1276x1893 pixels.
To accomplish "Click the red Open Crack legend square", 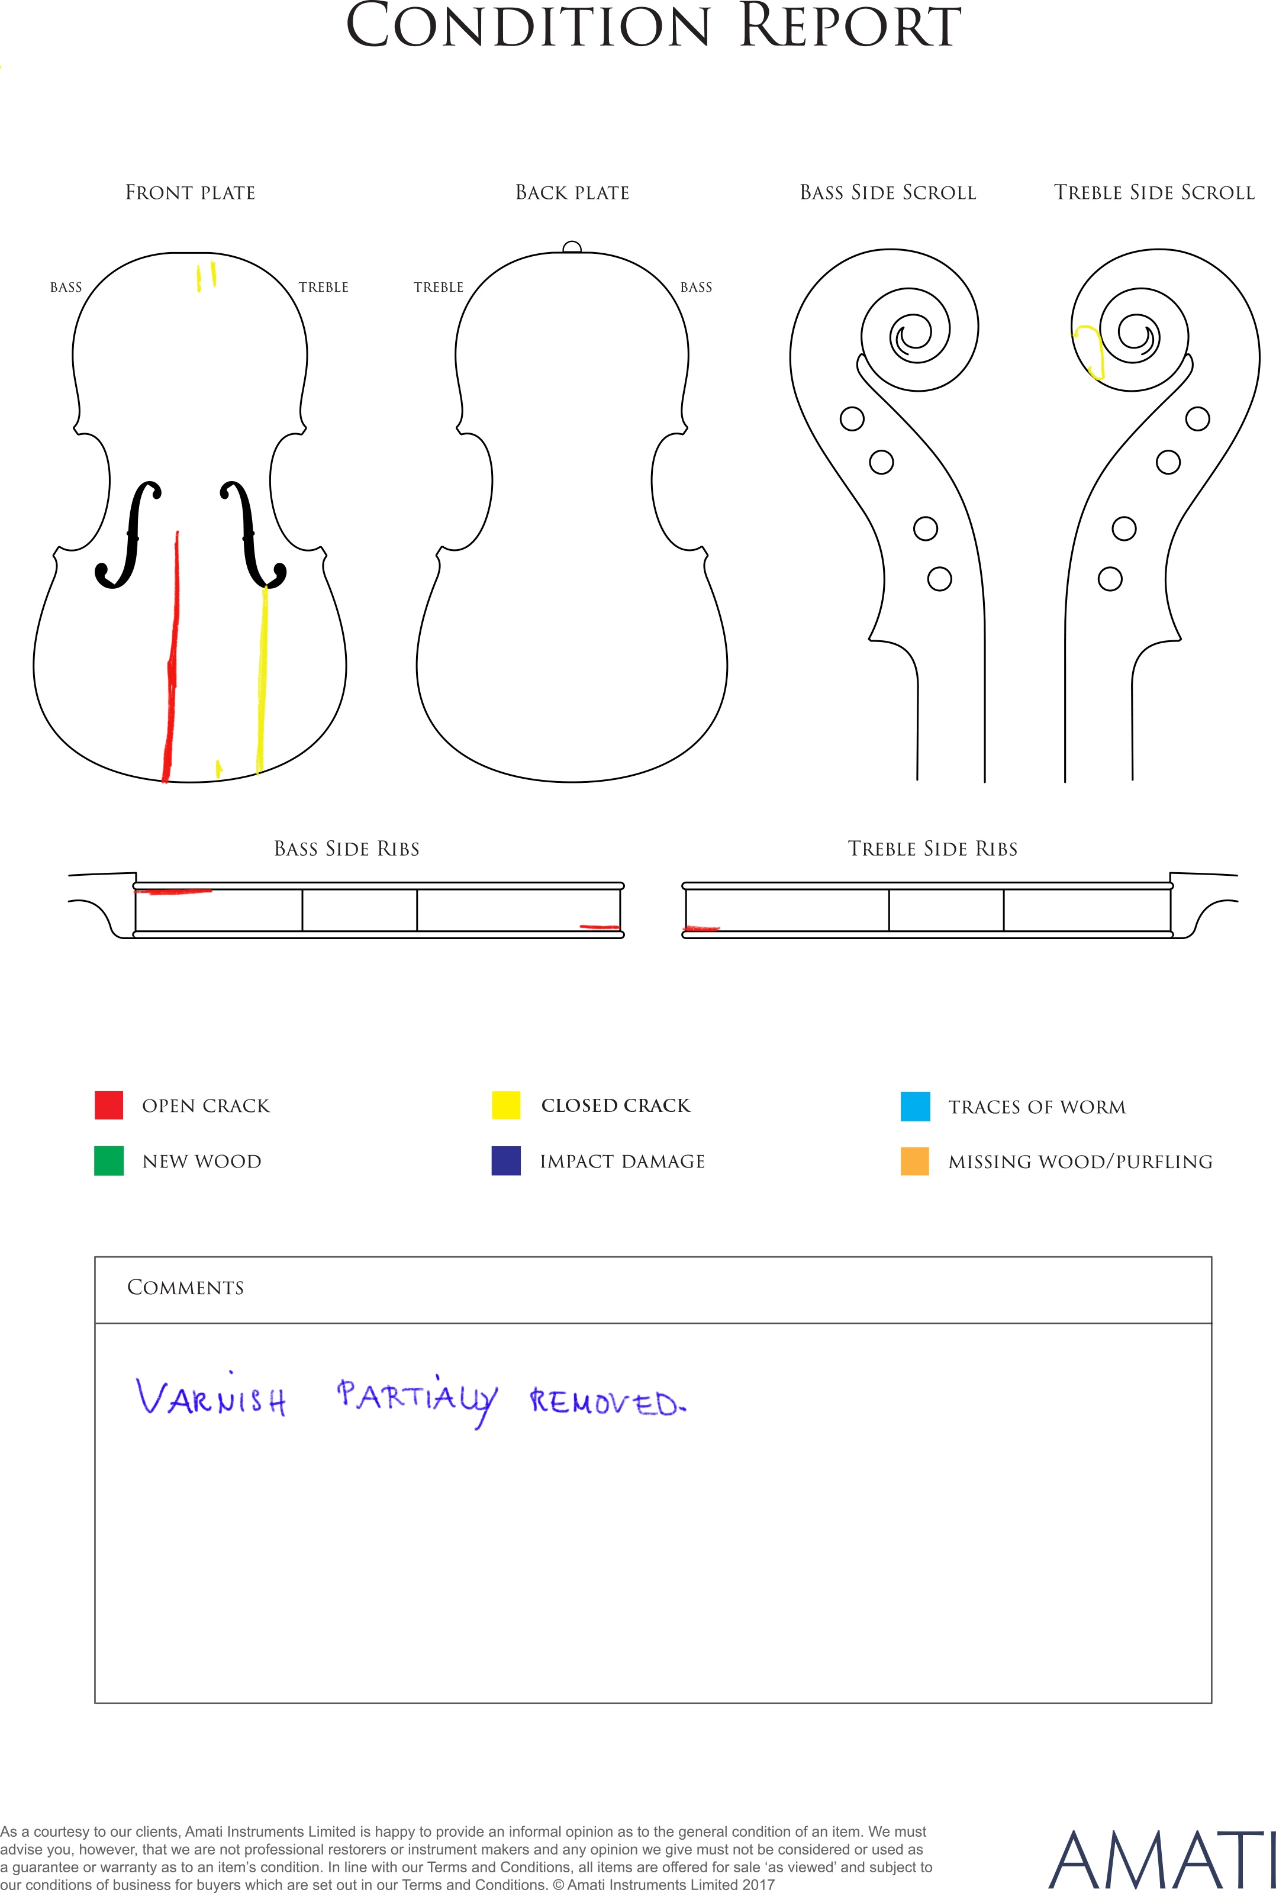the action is click(109, 1105).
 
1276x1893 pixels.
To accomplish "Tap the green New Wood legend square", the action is click(109, 1161).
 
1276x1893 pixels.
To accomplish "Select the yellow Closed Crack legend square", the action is click(506, 1105).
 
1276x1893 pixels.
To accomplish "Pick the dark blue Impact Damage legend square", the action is click(506, 1161).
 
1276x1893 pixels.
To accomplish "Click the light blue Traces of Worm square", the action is click(916, 1107).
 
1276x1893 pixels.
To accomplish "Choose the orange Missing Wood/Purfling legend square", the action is click(916, 1161).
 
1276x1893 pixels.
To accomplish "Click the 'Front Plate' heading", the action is click(191, 193).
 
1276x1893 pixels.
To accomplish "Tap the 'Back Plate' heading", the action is click(573, 193).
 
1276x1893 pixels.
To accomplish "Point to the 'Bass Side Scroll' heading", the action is click(888, 193).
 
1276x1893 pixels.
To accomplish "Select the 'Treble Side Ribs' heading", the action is click(933, 849).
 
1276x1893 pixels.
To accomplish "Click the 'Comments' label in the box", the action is click(186, 1287).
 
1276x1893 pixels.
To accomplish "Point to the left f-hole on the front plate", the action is click(128, 534).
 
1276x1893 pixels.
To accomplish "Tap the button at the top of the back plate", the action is click(572, 247).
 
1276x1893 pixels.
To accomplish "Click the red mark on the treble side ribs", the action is click(701, 927).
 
